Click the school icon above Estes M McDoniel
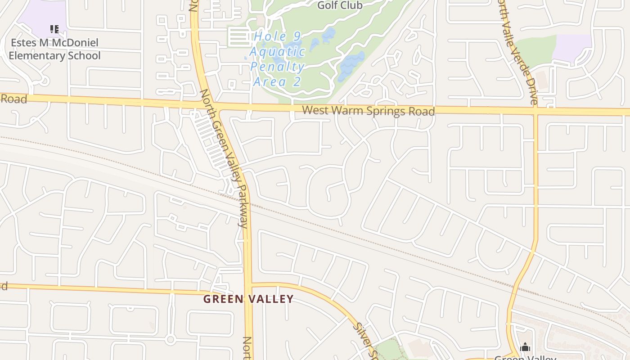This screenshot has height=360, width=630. click(54, 29)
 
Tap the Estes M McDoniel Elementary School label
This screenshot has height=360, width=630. click(54, 49)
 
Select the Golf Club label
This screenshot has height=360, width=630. click(340, 5)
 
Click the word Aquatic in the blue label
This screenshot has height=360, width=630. click(277, 52)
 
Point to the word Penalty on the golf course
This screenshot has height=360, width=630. click(277, 67)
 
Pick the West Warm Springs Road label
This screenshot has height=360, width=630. click(368, 110)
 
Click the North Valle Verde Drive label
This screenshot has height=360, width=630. click(517, 52)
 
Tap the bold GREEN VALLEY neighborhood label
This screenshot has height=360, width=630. click(248, 299)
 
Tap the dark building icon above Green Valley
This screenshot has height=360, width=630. click(525, 347)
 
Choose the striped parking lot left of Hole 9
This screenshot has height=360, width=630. click(239, 37)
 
